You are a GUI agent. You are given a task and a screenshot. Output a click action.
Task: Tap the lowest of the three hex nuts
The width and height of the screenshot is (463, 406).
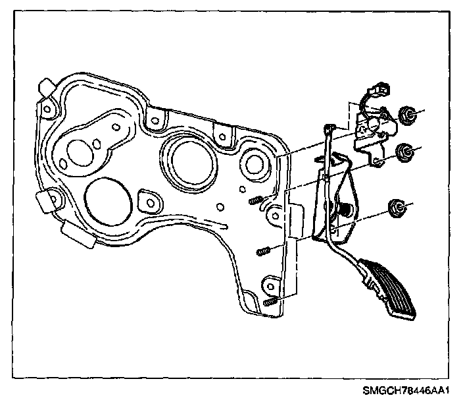398,208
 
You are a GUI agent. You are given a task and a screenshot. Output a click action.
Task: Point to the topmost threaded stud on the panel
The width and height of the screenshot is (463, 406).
257,200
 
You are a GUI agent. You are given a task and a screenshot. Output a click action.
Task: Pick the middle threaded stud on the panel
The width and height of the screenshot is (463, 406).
263,251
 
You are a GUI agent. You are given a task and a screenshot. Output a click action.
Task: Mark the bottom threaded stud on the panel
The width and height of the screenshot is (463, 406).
270,301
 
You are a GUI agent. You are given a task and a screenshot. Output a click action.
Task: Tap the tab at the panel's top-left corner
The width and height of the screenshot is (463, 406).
47,87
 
